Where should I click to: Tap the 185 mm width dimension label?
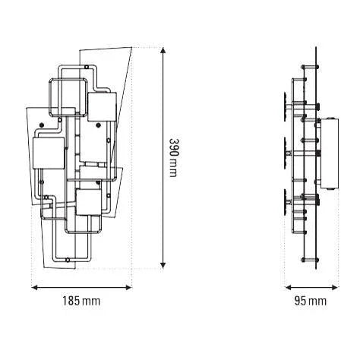[81, 302]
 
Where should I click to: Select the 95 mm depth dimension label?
[310, 302]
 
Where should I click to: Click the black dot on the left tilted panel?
[43, 124]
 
